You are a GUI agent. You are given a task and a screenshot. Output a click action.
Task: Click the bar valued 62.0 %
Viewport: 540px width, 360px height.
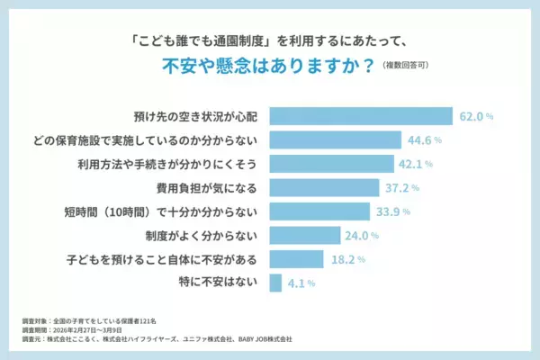[x=360, y=116]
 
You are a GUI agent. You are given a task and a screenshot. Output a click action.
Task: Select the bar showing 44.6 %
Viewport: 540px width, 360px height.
[x=335, y=139]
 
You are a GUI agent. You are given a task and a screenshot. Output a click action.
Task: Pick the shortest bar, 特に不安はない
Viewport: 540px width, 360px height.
[x=275, y=283]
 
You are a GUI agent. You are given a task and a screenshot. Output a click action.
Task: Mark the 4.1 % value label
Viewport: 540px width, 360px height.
[x=300, y=283]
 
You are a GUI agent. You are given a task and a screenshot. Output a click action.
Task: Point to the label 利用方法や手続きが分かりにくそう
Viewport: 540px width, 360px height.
[x=170, y=164]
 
